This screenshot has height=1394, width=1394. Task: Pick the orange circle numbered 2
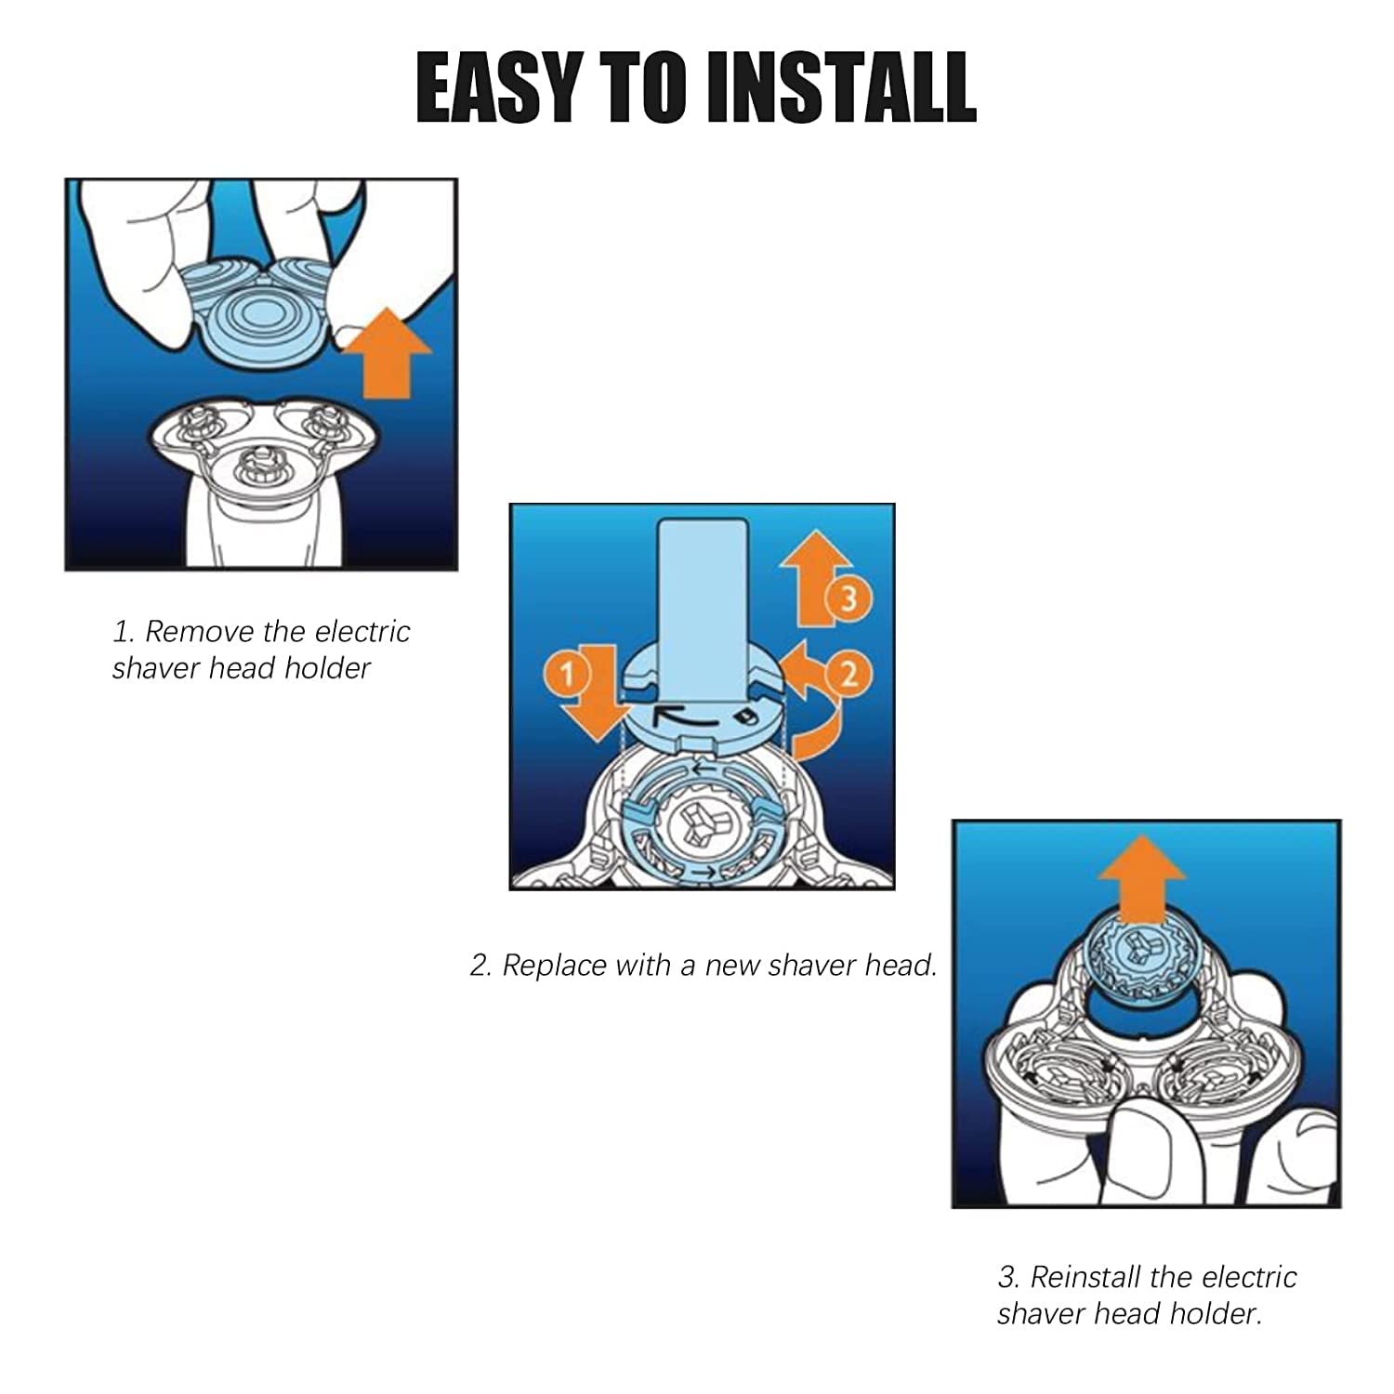pos(848,672)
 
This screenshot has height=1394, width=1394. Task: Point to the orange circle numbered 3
pos(848,599)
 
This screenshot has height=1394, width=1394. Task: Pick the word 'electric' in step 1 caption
pos(362,632)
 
